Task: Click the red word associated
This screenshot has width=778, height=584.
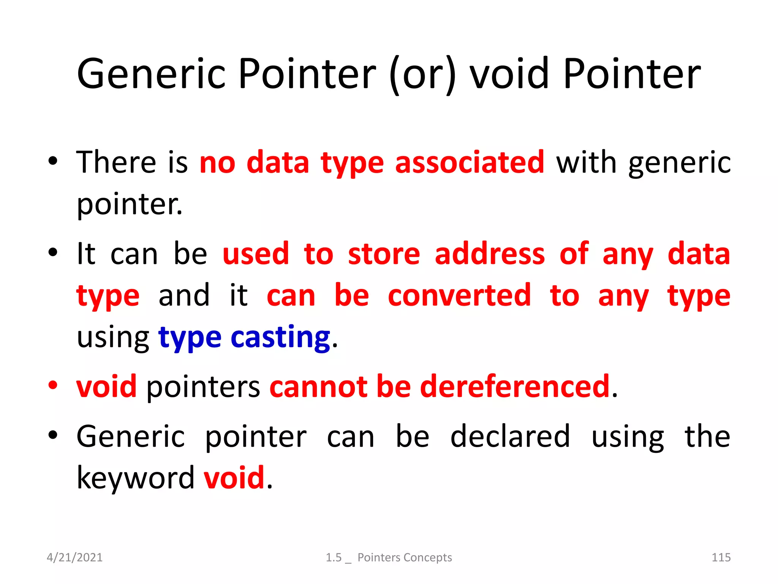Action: click(470, 162)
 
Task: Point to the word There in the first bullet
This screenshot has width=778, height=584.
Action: click(116, 162)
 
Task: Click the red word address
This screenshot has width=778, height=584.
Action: click(490, 254)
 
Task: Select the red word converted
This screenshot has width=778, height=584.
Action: click(459, 295)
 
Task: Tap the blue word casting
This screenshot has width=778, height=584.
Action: click(280, 337)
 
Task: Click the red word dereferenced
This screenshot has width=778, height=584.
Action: click(515, 387)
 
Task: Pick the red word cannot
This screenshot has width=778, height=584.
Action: click(318, 387)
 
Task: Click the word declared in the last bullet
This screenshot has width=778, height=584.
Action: click(510, 436)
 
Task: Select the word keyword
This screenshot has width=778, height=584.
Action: click(136, 478)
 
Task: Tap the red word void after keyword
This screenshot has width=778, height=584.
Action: click(234, 478)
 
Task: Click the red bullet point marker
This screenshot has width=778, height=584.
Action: click(53, 385)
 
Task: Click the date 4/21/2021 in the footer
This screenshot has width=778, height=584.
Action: click(74, 557)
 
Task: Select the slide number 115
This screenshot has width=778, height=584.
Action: click(721, 557)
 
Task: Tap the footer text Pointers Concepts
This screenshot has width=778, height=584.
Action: click(405, 557)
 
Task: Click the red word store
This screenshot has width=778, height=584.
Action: click(384, 254)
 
